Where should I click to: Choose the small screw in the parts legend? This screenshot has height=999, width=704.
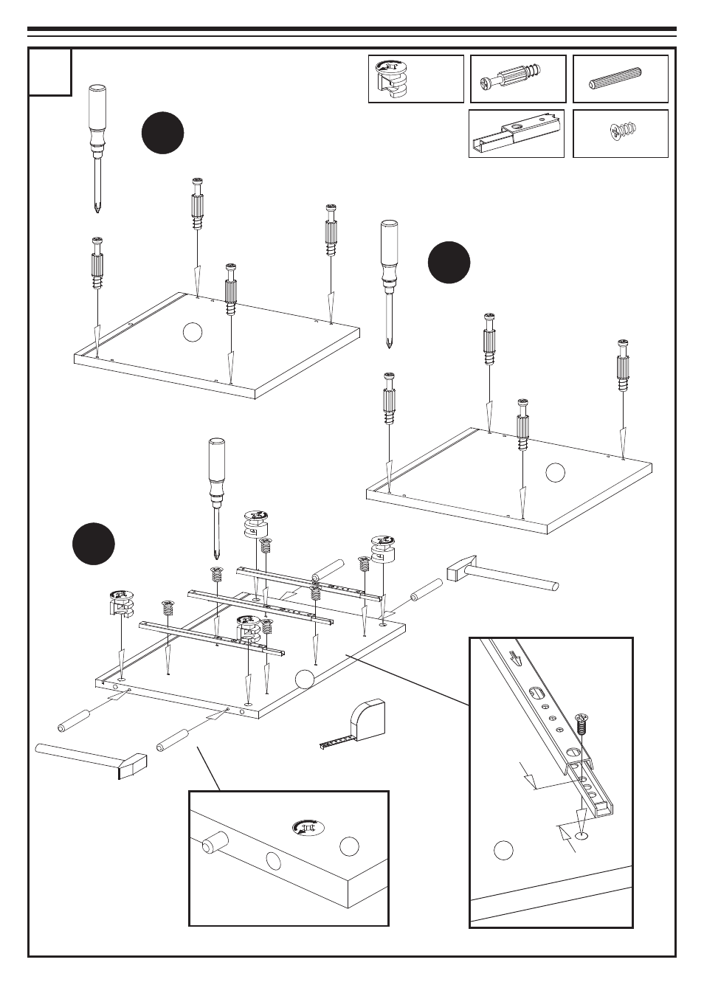point(622,132)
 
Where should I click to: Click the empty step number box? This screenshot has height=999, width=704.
point(50,72)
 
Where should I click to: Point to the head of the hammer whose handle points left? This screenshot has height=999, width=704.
point(130,765)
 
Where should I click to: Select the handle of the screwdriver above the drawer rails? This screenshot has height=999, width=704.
point(217,461)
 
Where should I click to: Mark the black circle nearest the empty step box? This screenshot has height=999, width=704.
point(163,133)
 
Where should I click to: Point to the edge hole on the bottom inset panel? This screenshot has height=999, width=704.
point(273,860)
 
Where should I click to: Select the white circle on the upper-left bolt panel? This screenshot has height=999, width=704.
point(192,332)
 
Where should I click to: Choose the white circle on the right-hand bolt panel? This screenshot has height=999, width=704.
point(555,472)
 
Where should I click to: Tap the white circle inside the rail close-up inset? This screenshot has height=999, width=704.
point(503,850)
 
